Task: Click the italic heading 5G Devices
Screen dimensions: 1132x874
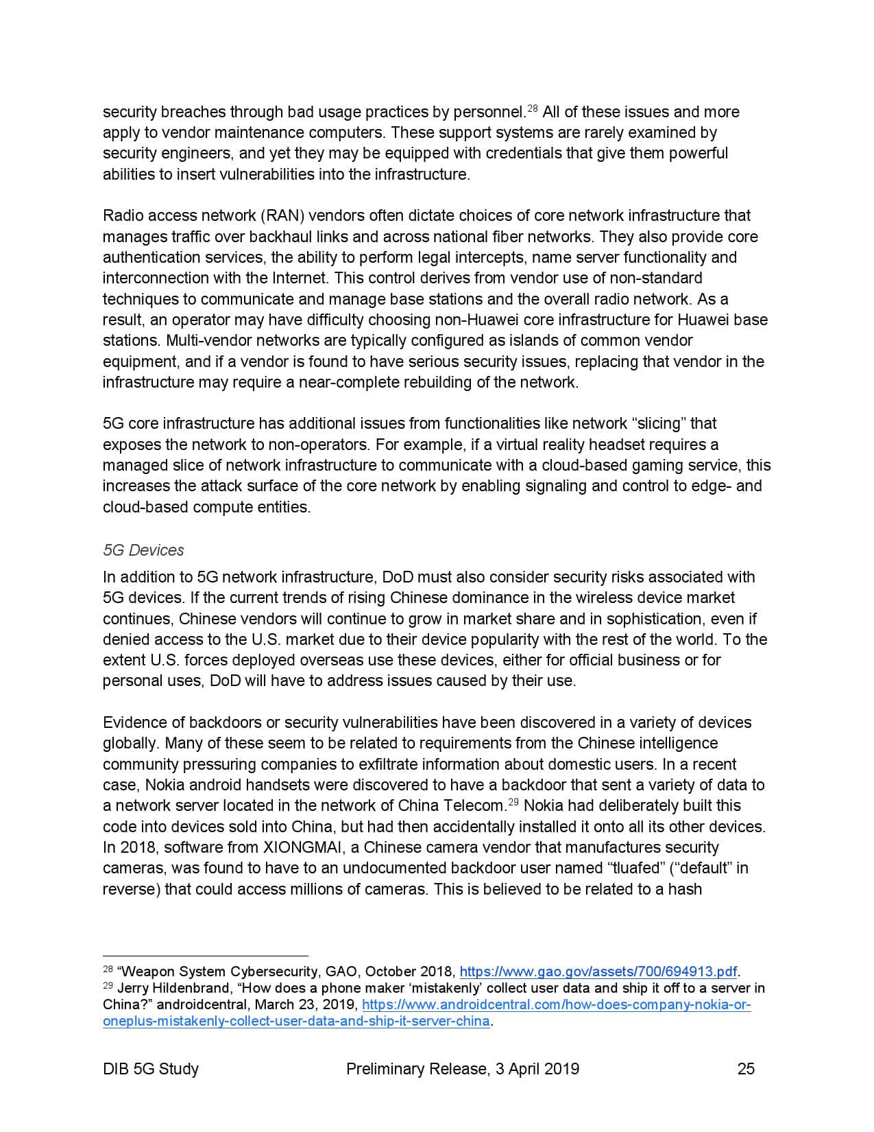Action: (x=143, y=550)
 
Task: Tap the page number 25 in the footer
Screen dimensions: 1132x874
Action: (x=746, y=1068)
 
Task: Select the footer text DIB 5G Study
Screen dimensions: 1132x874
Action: (x=151, y=1068)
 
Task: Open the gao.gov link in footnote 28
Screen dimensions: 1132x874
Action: (x=598, y=971)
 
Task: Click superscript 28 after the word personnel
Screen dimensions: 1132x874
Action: (x=532, y=108)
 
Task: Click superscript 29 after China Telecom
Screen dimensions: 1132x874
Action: (x=513, y=802)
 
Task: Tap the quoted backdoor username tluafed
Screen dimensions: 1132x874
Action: (x=634, y=868)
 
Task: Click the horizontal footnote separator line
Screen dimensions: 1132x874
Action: (x=205, y=955)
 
